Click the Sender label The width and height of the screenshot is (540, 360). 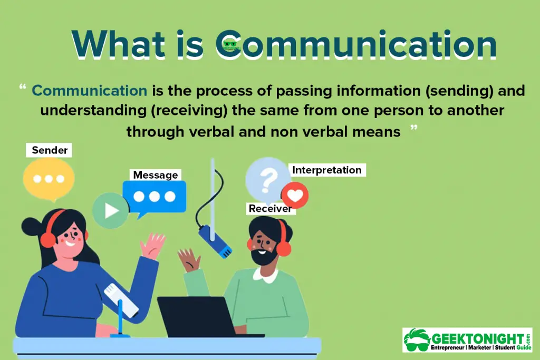click(49, 150)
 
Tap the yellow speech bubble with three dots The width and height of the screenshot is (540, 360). click(49, 180)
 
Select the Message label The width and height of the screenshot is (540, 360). click(156, 175)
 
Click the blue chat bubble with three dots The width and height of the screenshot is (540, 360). click(155, 198)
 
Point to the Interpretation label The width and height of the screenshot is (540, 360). click(327, 170)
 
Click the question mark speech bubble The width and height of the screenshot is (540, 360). click(267, 181)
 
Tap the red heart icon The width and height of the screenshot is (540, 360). click(295, 196)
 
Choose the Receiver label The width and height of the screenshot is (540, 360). click(271, 209)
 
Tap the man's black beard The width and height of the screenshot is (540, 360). click(264, 256)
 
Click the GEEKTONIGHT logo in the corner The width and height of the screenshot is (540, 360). click(467, 339)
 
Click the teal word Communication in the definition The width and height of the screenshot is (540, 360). click(90, 91)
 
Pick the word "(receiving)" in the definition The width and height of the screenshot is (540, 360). click(189, 111)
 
